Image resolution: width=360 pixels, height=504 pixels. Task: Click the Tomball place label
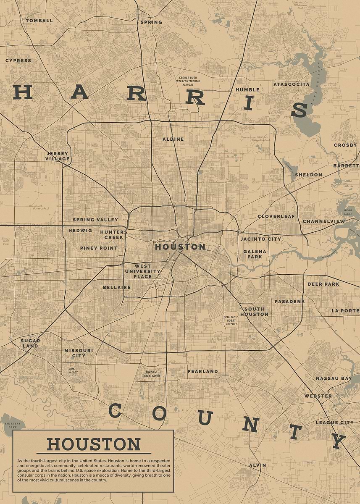click(x=39, y=21)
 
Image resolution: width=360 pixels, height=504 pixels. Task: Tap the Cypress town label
click(x=18, y=60)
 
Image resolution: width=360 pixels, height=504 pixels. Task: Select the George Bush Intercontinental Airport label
click(x=188, y=81)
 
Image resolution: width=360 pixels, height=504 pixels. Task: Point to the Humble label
click(x=247, y=90)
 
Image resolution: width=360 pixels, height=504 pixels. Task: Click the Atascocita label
click(x=291, y=84)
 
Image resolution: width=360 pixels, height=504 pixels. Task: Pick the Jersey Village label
click(x=58, y=156)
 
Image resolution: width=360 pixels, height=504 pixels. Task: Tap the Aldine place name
click(x=173, y=139)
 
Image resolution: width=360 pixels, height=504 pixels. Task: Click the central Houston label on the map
click(x=180, y=247)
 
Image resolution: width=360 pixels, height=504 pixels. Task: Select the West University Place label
click(x=142, y=271)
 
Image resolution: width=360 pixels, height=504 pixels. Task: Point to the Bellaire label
click(x=116, y=287)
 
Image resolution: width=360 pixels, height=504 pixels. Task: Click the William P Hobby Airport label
click(x=231, y=320)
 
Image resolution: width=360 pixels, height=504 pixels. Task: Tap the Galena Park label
click(x=255, y=254)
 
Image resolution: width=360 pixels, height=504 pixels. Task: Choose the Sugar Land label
click(x=30, y=343)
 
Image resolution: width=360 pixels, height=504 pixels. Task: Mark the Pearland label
click(x=202, y=371)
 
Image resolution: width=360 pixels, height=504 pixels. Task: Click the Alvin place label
click(x=257, y=465)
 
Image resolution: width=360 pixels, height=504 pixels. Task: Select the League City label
click(x=334, y=423)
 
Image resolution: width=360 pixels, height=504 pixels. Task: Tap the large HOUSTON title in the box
click(x=93, y=444)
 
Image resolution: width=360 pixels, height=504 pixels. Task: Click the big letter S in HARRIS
click(x=299, y=110)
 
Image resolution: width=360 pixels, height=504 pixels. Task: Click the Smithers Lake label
click(x=12, y=426)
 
